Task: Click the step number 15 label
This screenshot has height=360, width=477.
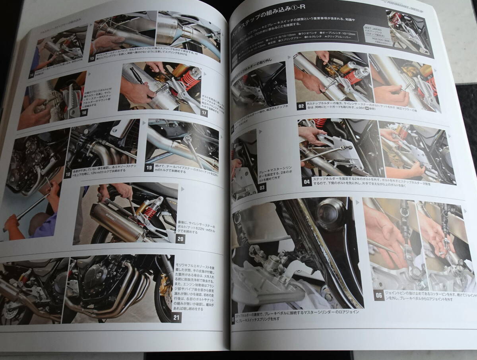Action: pos(92,59)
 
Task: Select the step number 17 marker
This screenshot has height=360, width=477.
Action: pos(204,113)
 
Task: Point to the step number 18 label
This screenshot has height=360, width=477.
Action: pos(67,174)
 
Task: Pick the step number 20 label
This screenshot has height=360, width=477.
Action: pos(180,239)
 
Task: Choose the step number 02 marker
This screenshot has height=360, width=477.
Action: pos(301,107)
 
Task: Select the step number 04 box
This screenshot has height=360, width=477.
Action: pos(306,182)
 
